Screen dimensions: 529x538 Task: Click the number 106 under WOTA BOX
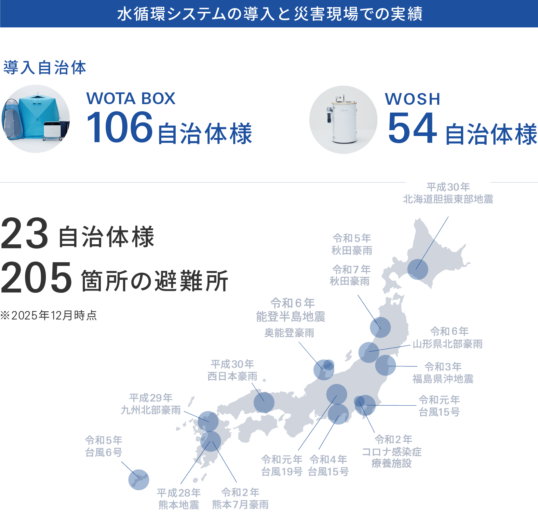pos(119,127)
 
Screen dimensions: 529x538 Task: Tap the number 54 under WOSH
pos(412,128)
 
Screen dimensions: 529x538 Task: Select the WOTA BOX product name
pos(131,98)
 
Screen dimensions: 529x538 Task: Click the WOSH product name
pos(412,99)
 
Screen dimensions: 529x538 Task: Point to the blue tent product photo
pos(36,119)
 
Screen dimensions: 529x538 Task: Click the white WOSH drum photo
pos(343,120)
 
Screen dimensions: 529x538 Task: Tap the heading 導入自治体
pos(45,68)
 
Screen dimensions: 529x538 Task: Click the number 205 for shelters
pos(36,278)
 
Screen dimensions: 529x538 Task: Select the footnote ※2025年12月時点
pos(49,315)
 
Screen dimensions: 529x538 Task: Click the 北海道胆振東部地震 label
pos(448,199)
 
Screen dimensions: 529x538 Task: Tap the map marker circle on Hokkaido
pos(417,269)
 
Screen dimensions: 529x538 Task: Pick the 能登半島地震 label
pos(290,316)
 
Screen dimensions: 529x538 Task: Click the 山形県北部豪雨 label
pos(448,344)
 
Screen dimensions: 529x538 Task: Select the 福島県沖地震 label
pos(443,379)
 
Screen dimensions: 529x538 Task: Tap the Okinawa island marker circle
pos(139,480)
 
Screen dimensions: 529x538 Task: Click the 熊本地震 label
pos(179,505)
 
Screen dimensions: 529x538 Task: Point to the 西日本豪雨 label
pos(232,376)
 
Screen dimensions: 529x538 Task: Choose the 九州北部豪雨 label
pos(151,410)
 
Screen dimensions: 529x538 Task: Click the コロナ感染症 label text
pos(392,452)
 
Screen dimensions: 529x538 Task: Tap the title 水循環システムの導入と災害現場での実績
pos(269,14)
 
